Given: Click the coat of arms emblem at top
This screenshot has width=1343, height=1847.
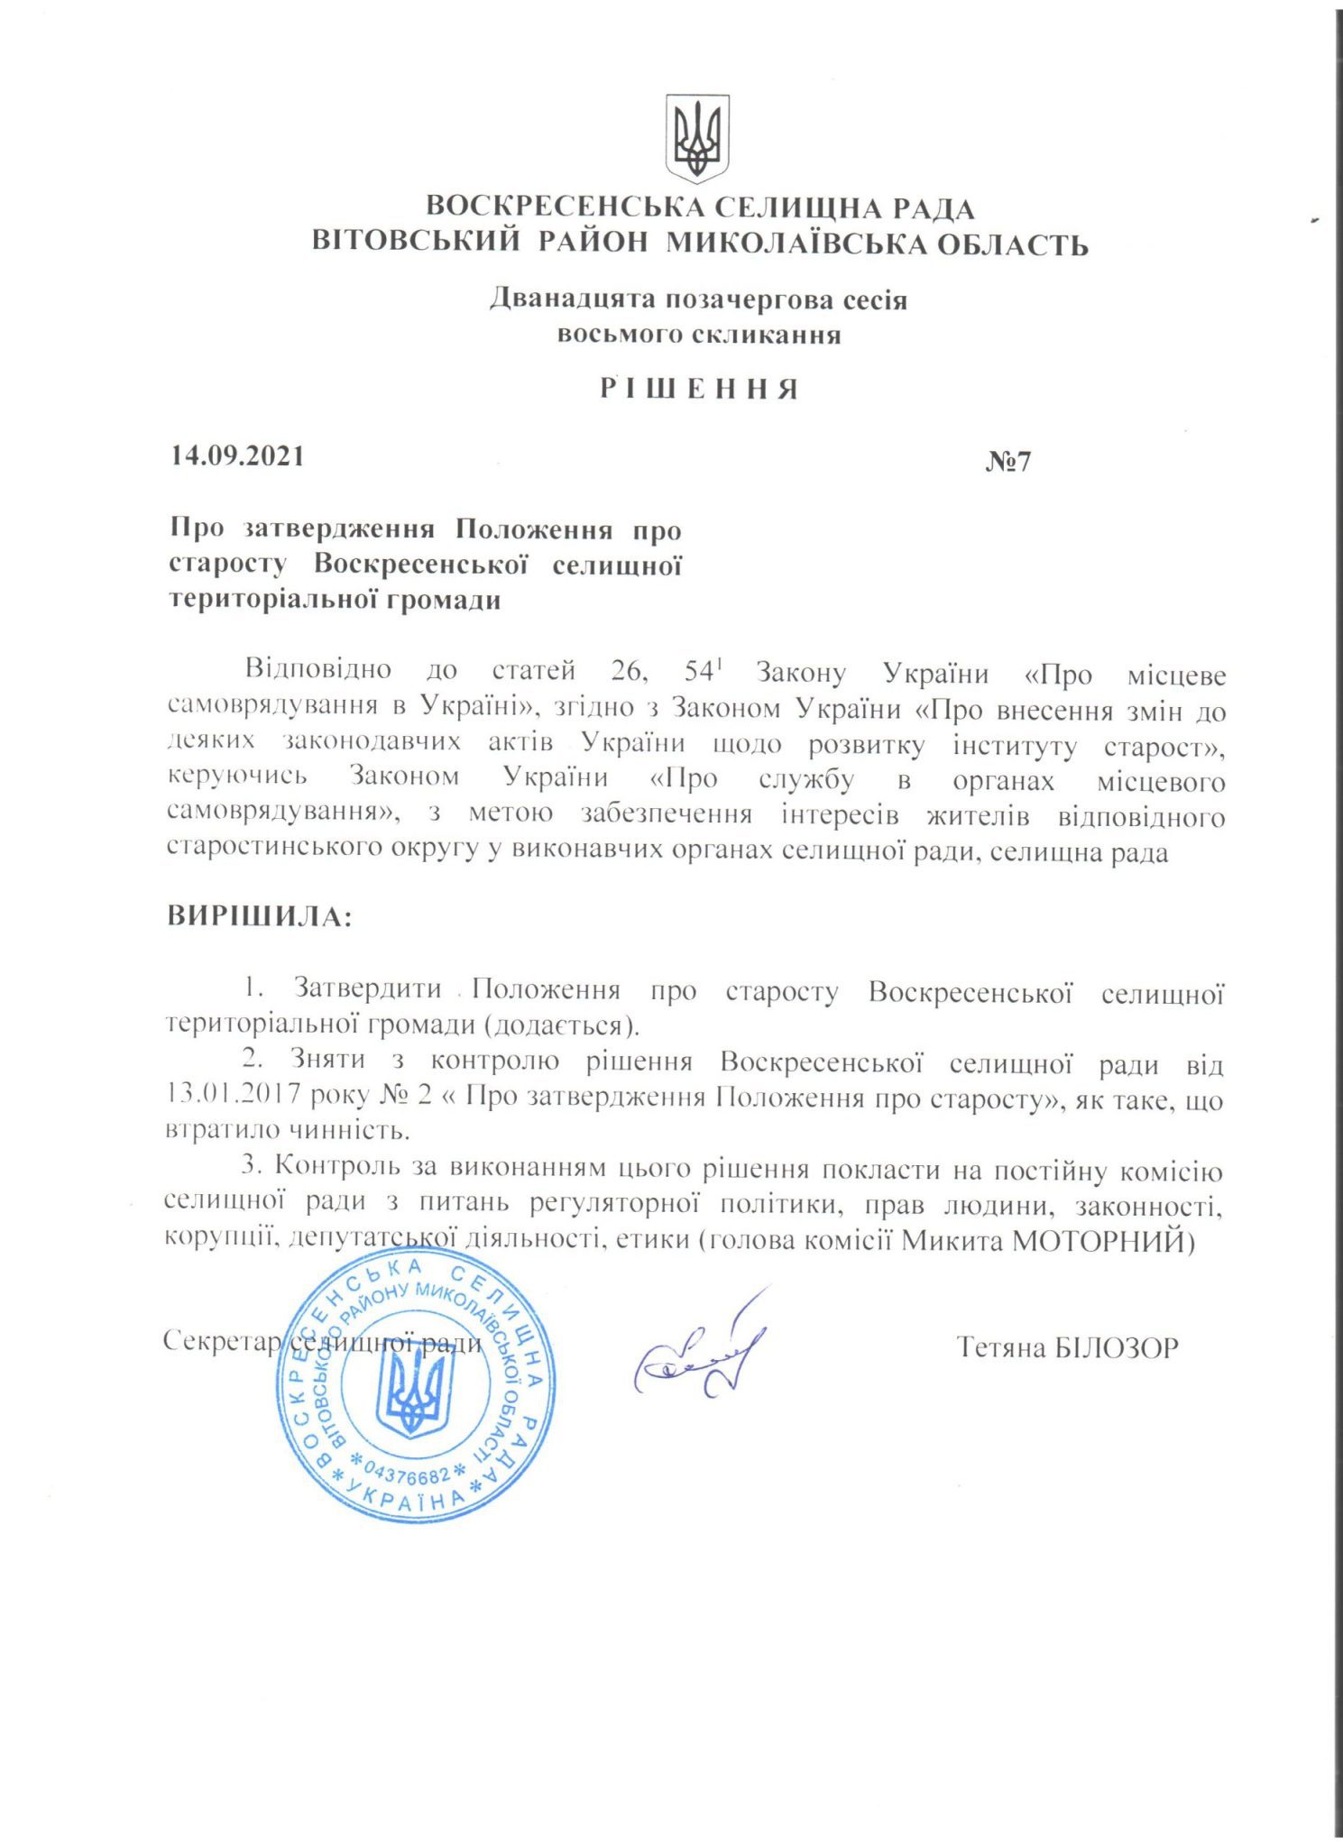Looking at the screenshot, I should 696,138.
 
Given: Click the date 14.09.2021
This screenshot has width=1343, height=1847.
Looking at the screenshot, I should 237,455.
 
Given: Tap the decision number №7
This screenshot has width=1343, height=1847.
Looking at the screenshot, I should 1007,462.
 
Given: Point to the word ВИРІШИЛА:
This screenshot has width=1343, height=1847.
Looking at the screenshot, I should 259,916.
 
